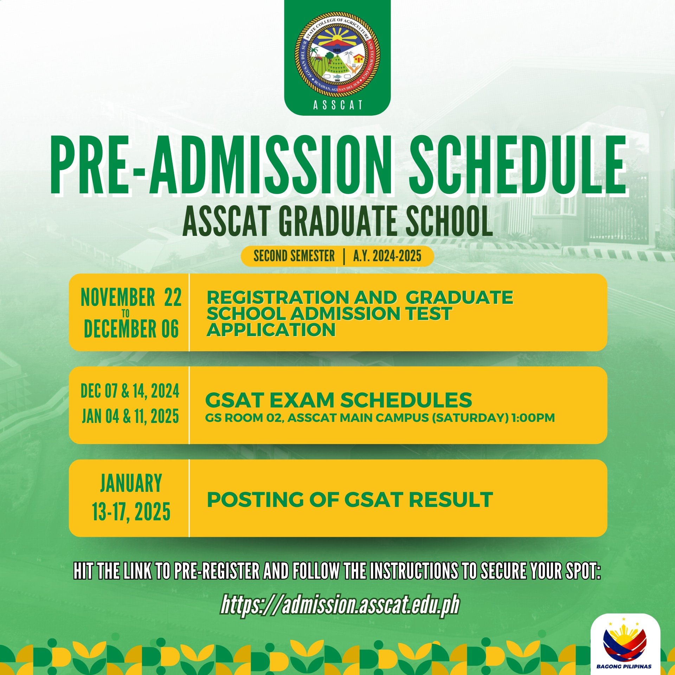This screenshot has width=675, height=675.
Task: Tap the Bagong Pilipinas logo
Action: (x=625, y=644)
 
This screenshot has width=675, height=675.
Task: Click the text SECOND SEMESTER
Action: (x=294, y=256)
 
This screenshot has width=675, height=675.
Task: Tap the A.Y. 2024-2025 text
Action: (x=387, y=256)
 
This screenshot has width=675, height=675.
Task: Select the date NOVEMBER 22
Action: (x=131, y=297)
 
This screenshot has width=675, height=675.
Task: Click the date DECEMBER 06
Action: (x=131, y=329)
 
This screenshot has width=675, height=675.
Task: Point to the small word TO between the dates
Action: (x=126, y=313)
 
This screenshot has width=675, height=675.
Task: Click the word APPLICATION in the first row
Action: (x=271, y=330)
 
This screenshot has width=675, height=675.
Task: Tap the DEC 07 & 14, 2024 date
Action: (x=130, y=391)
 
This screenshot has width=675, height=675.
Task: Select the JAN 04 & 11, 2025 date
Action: (x=130, y=416)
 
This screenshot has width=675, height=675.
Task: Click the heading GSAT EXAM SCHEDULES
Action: (x=339, y=400)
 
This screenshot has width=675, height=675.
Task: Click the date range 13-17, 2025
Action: (x=131, y=512)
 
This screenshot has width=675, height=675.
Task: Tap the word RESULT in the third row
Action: (x=451, y=500)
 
